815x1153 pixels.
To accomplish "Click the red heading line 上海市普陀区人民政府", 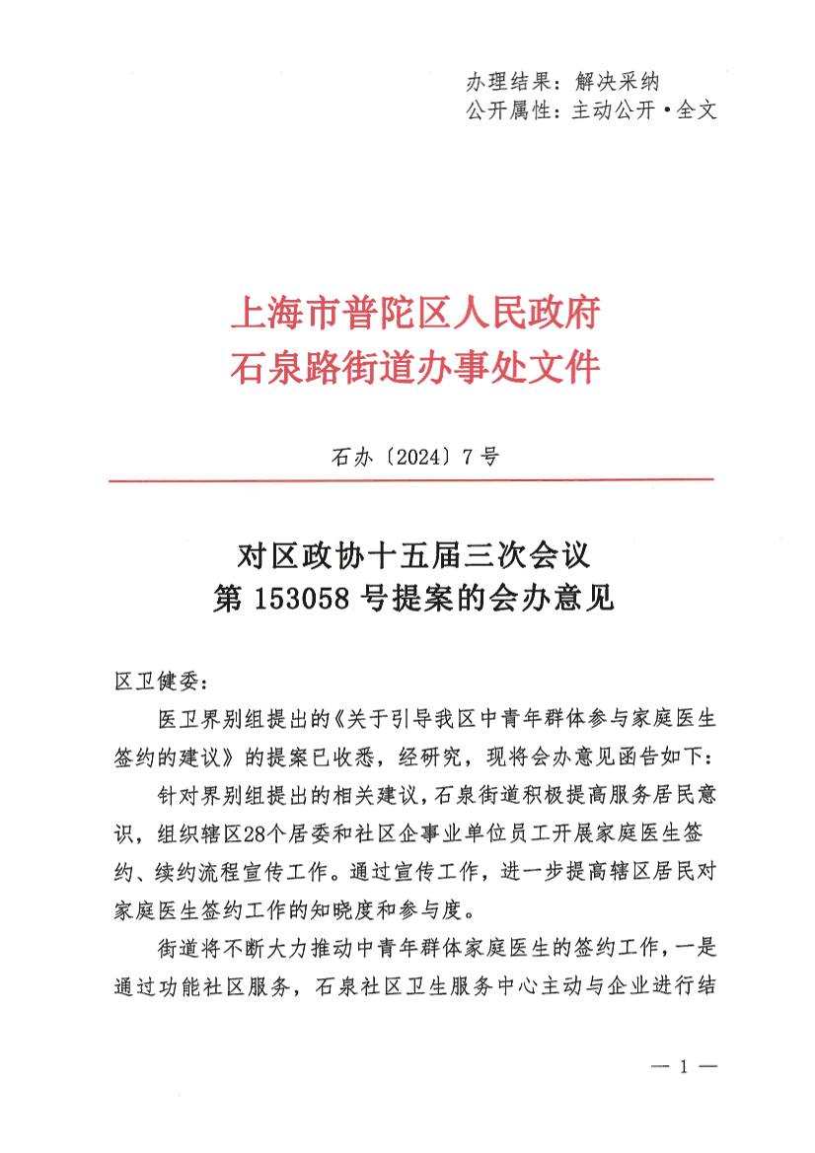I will click(x=415, y=316).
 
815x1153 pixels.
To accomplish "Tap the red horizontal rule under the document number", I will click(x=410, y=480).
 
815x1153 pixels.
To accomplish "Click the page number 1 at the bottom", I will click(x=683, y=1067).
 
